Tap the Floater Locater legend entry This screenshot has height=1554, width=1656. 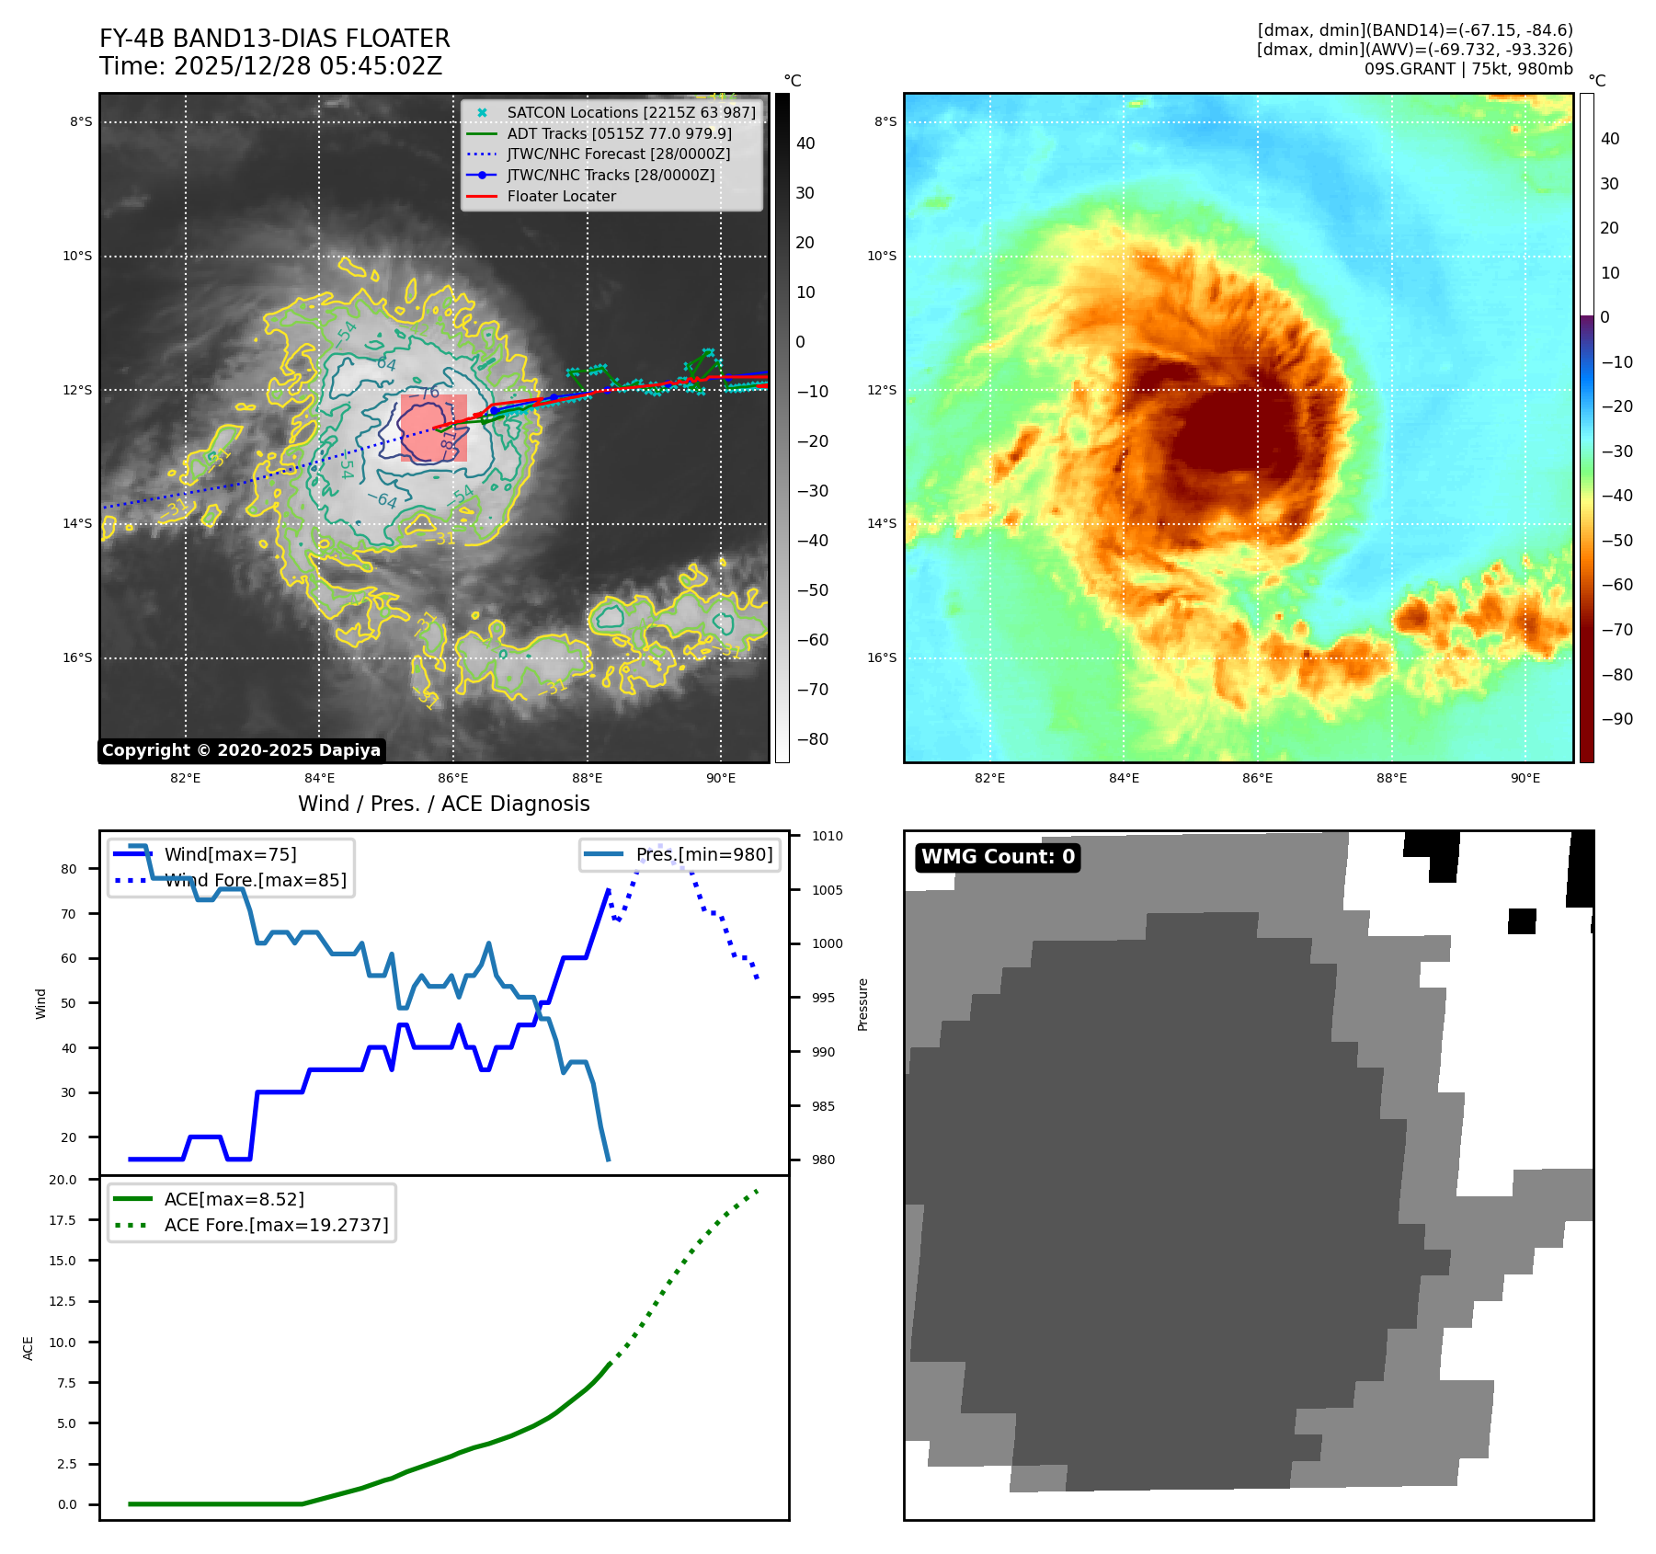tap(561, 196)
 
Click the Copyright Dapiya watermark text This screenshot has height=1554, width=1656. tap(241, 750)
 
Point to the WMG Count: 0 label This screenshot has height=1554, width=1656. tap(998, 857)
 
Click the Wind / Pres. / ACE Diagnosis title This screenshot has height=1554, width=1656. tap(443, 804)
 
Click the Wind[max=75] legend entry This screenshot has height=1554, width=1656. tap(230, 854)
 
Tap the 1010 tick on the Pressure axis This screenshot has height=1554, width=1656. tap(827, 836)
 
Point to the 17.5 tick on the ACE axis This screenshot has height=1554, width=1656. tap(63, 1220)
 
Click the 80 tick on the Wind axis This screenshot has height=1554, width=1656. tap(69, 869)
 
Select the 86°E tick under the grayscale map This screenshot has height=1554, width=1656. tap(453, 778)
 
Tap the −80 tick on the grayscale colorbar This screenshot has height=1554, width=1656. tap(812, 739)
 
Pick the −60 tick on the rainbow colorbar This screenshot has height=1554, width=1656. tap(1616, 585)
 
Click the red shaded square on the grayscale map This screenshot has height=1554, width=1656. tap(433, 428)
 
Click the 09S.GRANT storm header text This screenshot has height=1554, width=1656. tap(1468, 69)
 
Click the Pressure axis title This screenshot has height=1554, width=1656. tap(862, 1004)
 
